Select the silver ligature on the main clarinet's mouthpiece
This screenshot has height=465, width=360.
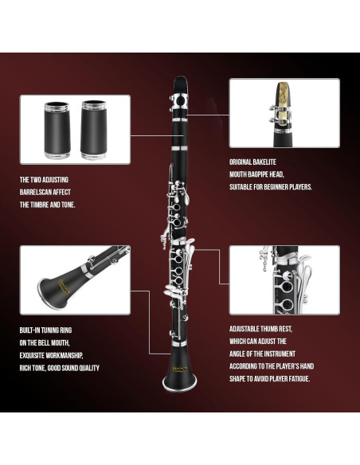coord(180,102)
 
